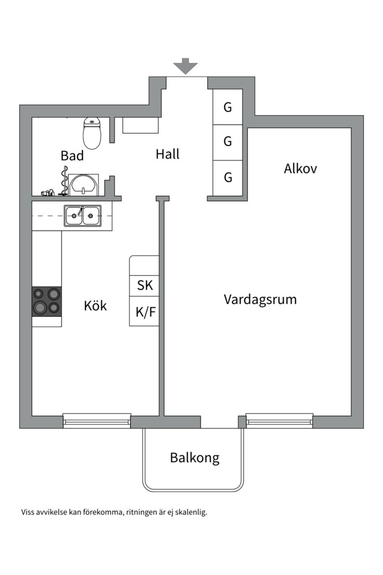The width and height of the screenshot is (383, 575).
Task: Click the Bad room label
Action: [x=72, y=156]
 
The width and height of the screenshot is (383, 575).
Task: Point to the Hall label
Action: [x=168, y=154]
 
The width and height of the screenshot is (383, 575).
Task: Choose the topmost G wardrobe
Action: [x=228, y=107]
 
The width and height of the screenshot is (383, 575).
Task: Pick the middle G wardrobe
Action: [x=228, y=142]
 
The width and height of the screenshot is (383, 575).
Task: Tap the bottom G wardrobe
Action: [x=228, y=177]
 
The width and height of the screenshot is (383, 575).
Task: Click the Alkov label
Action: [x=301, y=169]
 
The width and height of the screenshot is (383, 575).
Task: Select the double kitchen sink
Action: [x=82, y=216]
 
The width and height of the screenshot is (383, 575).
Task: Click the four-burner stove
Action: [x=46, y=301]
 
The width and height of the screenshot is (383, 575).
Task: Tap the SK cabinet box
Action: [x=145, y=285]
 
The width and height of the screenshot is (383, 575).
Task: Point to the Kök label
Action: [x=95, y=306]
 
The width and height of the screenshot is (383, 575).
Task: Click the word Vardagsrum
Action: [x=260, y=299]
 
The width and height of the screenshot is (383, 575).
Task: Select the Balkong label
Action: [x=195, y=457]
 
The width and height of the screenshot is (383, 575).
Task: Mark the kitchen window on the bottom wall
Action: [x=97, y=421]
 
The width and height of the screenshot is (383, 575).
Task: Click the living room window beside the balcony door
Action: [x=279, y=421]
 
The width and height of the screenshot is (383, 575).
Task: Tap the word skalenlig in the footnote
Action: [x=188, y=513]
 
